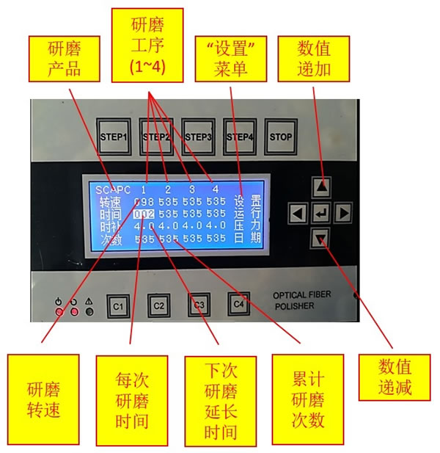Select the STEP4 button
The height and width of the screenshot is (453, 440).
coord(240,137)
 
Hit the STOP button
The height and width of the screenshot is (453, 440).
coord(281,137)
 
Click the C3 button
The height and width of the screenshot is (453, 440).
coord(198,303)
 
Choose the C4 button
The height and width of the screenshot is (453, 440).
coord(238,302)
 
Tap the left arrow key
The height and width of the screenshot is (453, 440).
coord(297,214)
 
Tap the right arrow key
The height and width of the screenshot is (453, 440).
coord(343,214)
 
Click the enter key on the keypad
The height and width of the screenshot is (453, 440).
coord(320,214)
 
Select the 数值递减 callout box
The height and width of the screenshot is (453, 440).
coord(395,377)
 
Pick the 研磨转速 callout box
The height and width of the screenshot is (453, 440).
coord(43,399)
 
